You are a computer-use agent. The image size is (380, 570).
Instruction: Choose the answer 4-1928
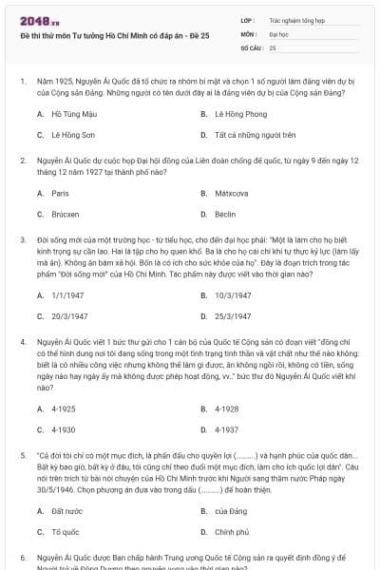coord(227,408)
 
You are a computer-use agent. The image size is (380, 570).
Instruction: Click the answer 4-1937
coord(227,430)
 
